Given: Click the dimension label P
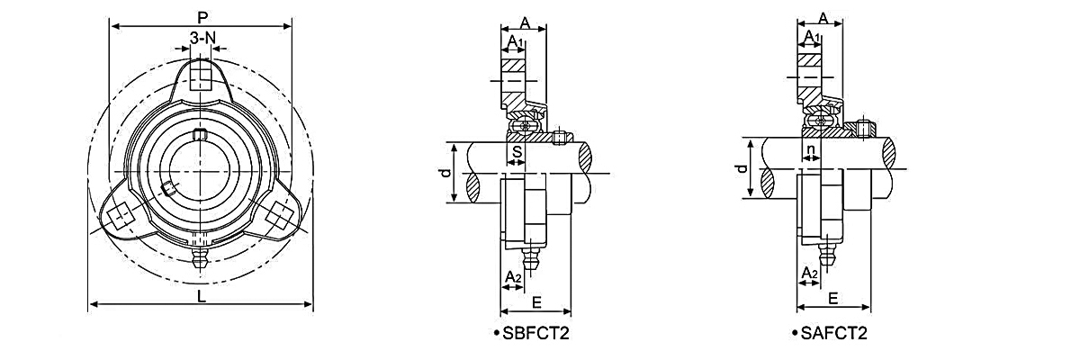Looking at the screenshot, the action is (x=202, y=18).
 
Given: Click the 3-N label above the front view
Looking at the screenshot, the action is (x=202, y=38).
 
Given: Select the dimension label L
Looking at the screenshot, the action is (x=202, y=296).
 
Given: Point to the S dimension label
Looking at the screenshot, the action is (x=517, y=152).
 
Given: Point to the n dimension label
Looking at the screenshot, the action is (x=812, y=150).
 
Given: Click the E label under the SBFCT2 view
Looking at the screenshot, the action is (x=536, y=302).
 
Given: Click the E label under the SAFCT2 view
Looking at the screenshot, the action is (x=832, y=299).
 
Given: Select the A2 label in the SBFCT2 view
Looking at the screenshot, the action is (x=513, y=277).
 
